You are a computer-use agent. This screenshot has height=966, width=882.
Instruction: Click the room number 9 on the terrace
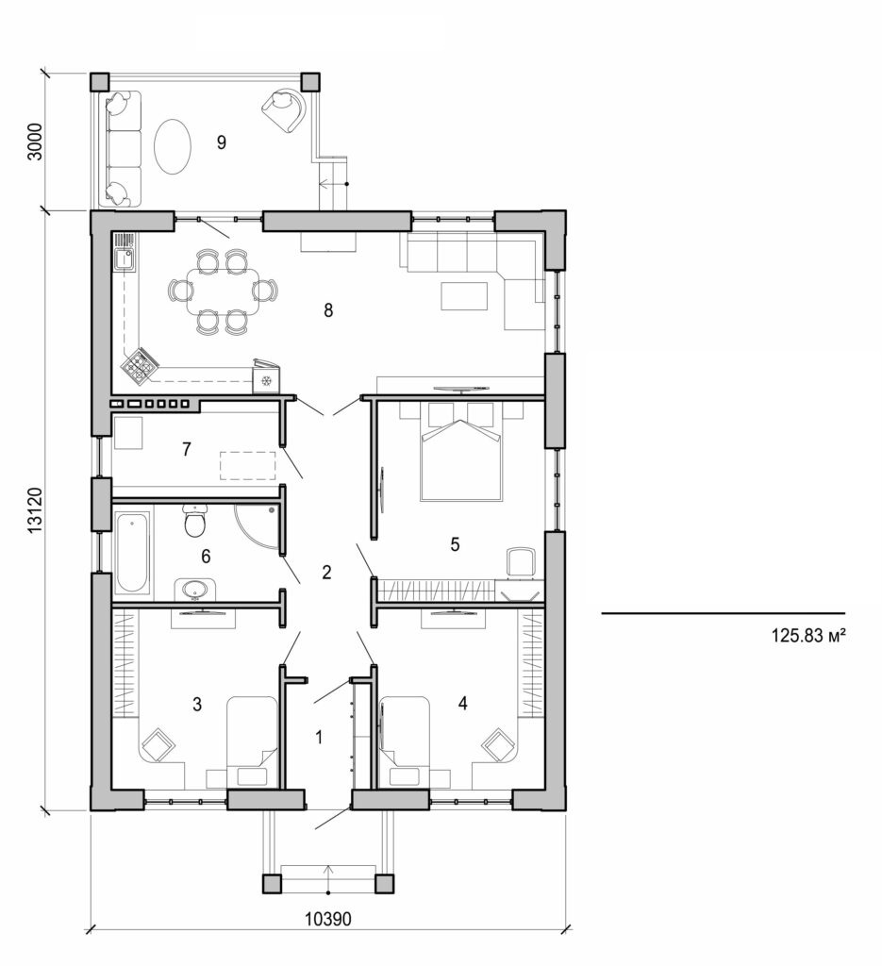point(222,142)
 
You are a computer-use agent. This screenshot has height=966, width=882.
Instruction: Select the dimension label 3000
point(35,142)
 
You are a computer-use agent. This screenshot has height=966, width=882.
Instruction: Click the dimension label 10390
point(327,918)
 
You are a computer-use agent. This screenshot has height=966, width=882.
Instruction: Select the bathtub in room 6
point(132,552)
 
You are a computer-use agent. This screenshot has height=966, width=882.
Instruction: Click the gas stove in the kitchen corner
point(141,365)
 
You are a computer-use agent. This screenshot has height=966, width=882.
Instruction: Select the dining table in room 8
point(223,291)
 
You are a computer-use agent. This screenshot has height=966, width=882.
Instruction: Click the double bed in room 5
point(460,453)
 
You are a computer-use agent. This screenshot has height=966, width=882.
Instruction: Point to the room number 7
point(187,450)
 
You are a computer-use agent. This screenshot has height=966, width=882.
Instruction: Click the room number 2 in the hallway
point(326,572)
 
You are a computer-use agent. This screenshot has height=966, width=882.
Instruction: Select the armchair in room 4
point(497,745)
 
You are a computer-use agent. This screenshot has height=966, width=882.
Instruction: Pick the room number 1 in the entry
point(319,737)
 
